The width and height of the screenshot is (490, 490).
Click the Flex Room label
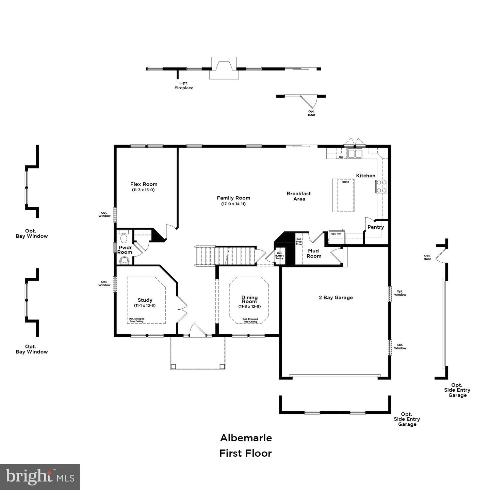coord(144,184)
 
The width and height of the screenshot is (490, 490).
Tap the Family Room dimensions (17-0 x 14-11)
coord(233,204)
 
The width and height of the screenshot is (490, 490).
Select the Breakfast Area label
coord(299,196)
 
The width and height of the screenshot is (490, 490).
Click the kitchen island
coord(343,195)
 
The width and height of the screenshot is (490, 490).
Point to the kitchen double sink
coord(355,153)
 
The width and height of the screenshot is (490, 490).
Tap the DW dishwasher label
coord(341,157)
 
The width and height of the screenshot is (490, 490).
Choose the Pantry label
coord(376,227)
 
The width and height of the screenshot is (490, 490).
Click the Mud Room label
coord(314,253)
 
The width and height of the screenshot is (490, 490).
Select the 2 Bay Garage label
coord(336,297)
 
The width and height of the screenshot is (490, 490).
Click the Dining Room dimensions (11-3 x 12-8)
coord(249,306)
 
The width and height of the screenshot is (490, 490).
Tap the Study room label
coord(145,300)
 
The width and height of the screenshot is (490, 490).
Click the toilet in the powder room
coord(124,236)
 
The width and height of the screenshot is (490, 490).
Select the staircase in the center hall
coord(226,256)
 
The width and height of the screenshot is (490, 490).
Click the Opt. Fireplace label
coord(184,85)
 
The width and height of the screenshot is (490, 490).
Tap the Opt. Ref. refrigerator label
coord(336,234)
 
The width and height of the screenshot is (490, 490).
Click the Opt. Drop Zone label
coord(299,242)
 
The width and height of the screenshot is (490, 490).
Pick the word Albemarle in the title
coord(246,438)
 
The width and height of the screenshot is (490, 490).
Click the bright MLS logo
coord(40,477)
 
